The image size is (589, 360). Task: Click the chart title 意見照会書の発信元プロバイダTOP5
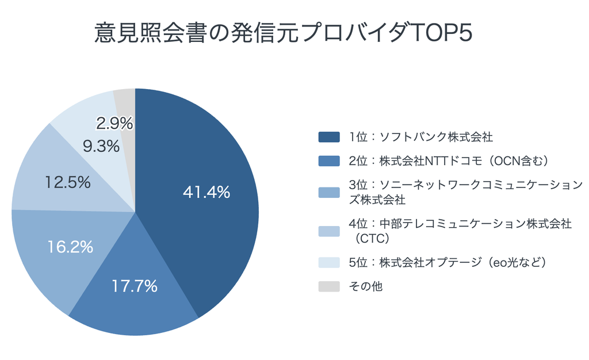coord(283,33)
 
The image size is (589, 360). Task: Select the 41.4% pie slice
coord(203,195)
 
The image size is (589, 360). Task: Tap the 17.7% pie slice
coord(135,289)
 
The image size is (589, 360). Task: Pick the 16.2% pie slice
coord(68,251)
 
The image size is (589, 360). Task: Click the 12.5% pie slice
coord(64,177)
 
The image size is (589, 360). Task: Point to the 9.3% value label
coord(101,146)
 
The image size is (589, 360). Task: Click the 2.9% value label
coord(114,123)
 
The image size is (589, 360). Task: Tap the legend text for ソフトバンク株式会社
coord(420,137)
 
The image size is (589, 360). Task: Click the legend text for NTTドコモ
coord(449,160)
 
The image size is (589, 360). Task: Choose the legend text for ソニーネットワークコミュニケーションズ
coord(465,192)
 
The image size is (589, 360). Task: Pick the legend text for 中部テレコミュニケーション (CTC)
coord(460,231)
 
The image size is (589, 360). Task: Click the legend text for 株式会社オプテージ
coord(448,262)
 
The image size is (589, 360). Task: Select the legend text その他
coord(365,286)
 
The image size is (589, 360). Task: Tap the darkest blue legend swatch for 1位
coord(329,137)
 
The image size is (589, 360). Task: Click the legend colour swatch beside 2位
coord(329,160)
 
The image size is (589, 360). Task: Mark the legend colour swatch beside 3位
coord(329,192)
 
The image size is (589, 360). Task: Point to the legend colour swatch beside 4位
coord(329,231)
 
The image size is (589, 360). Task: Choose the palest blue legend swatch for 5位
coord(329,262)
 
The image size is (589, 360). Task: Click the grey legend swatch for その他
coord(329,286)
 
